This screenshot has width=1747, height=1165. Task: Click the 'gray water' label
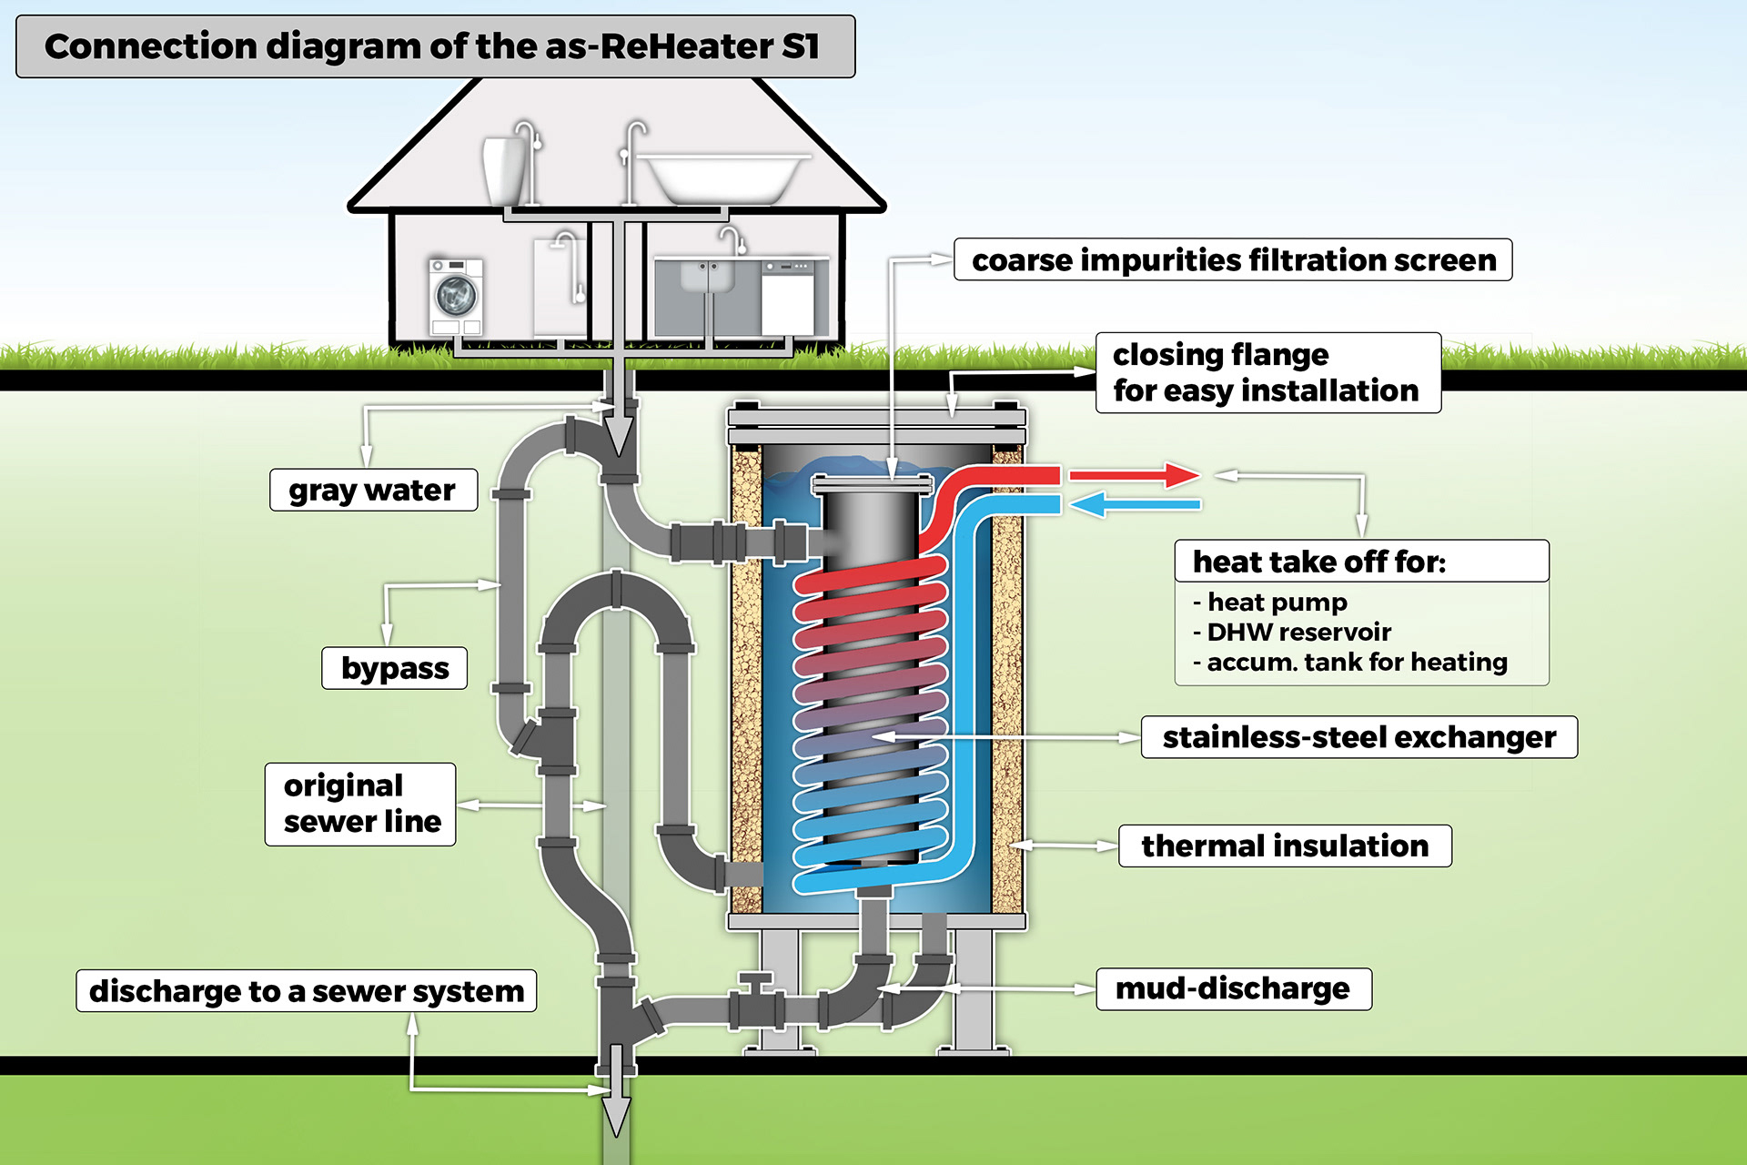[x=373, y=491]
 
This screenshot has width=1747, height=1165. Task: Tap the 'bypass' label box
[x=395, y=668]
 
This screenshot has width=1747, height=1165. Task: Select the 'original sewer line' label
[x=361, y=804]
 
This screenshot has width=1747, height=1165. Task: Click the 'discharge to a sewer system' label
[x=307, y=990]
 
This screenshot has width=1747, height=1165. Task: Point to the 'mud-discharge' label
[x=1233, y=988]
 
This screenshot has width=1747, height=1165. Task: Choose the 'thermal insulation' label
[x=1285, y=846]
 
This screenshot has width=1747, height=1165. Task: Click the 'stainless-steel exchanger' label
[x=1358, y=737]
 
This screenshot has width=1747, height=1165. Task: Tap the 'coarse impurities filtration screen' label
[x=1233, y=260]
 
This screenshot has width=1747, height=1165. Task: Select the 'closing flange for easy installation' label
[x=1267, y=372]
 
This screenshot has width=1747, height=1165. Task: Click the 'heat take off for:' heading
[x=1319, y=562]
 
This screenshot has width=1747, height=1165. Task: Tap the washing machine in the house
[x=456, y=296]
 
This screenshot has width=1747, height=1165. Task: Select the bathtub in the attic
[x=723, y=177]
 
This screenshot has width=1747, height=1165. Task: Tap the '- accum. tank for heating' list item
[x=1350, y=662]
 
